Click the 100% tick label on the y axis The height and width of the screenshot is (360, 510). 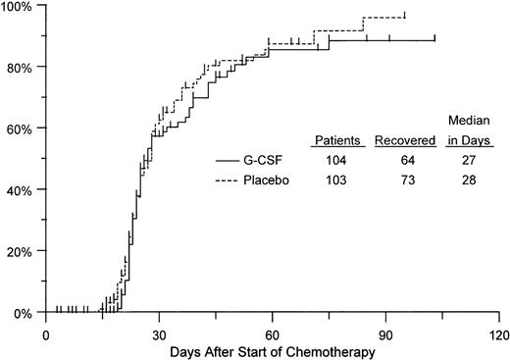[18, 7]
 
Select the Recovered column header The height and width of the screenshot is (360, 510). [404, 140]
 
